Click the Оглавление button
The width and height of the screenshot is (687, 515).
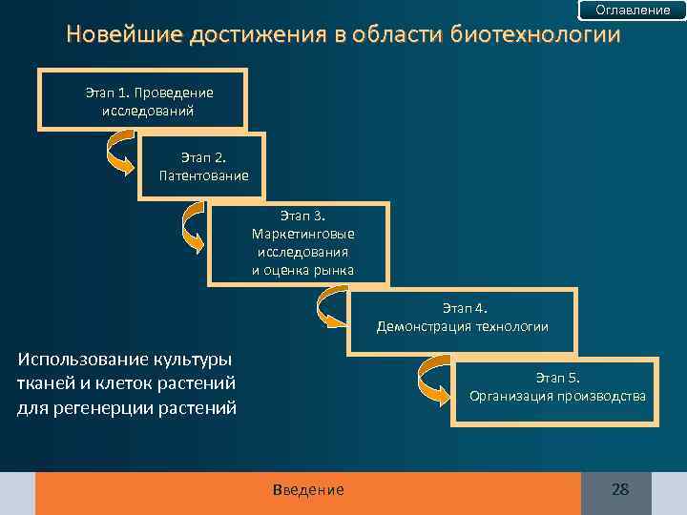633,10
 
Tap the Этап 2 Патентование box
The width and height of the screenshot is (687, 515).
201,166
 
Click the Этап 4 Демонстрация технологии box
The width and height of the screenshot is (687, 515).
463,318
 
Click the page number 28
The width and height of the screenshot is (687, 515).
620,490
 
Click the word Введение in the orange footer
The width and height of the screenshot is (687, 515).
308,490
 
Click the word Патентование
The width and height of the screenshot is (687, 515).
204,175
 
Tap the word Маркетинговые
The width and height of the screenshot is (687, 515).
302,234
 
